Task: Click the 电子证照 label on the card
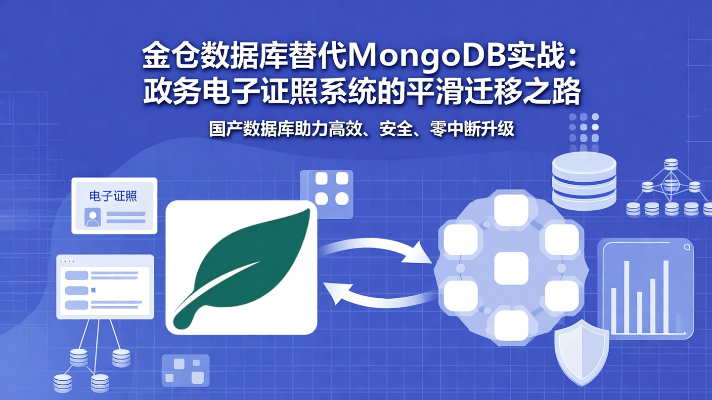[x=113, y=196]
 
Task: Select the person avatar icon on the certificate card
[x=92, y=217]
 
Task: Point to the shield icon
[x=581, y=352]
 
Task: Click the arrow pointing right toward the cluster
[x=376, y=249]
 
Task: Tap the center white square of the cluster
[x=511, y=268]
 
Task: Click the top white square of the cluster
[x=511, y=210]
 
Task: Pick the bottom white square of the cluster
[x=511, y=325]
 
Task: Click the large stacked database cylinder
[x=584, y=180]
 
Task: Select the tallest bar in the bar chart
[x=666, y=296]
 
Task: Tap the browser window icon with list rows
[x=105, y=286]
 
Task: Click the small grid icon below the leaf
[x=185, y=371]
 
